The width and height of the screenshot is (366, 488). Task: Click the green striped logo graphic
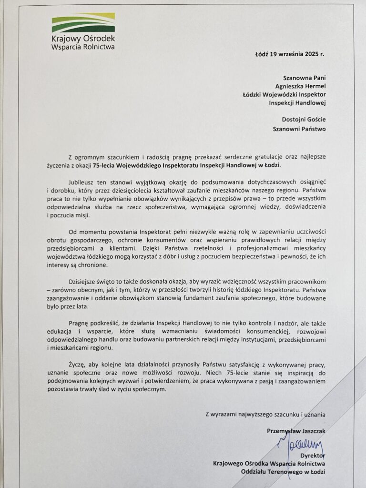point(83,23)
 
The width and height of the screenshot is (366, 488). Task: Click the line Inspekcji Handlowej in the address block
point(299,102)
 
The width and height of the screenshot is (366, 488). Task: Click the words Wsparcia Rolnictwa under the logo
point(83,47)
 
